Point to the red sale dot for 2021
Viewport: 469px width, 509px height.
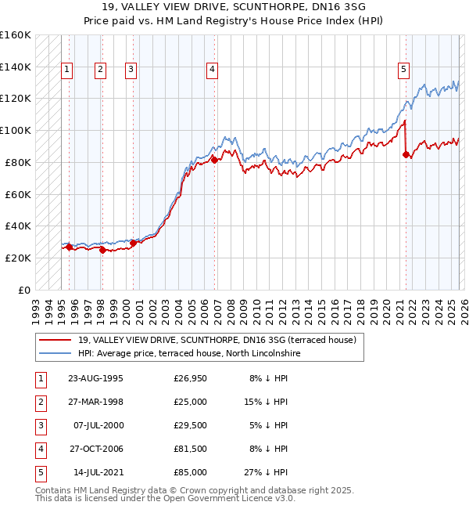(x=406, y=154)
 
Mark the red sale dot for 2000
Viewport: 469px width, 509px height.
(x=133, y=243)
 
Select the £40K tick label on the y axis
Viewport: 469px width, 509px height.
(x=18, y=226)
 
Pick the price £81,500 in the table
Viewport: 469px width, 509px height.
(x=190, y=449)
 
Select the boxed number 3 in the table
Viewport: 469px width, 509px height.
(x=39, y=425)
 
